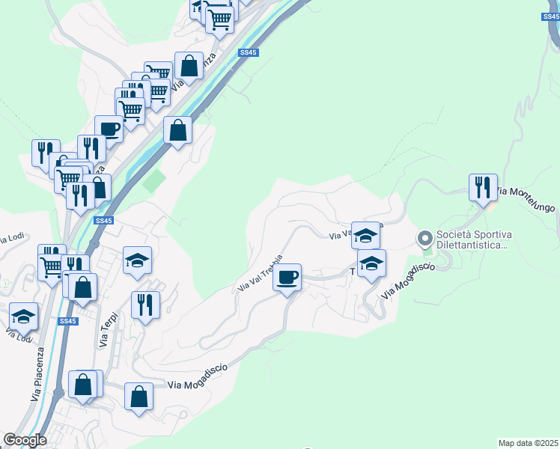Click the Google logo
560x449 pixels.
25,440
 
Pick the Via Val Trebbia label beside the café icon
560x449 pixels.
260,274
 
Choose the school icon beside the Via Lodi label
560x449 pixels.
23,317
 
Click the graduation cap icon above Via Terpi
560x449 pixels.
137,261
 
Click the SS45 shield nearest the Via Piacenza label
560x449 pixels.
67,321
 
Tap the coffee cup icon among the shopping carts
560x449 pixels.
109,129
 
